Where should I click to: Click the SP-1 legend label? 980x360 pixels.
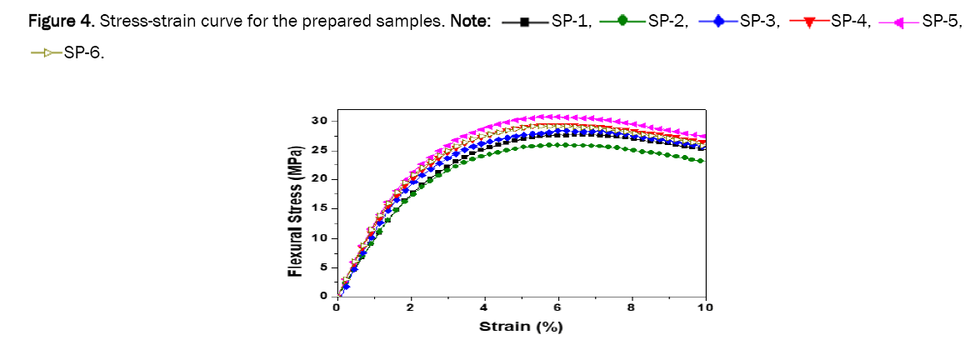tap(571, 21)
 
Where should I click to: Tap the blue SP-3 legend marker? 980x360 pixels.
tap(718, 22)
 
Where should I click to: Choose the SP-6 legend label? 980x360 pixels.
tap(83, 54)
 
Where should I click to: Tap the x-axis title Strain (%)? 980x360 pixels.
tap(521, 326)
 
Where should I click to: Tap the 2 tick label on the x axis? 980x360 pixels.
tap(410, 307)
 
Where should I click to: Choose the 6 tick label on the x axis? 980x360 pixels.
tap(557, 307)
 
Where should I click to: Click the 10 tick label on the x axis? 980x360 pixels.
tap(705, 307)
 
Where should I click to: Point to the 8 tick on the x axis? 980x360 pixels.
tap(632, 307)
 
